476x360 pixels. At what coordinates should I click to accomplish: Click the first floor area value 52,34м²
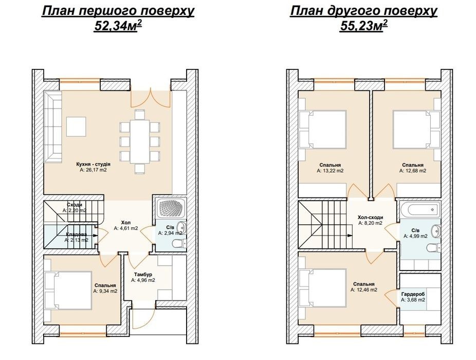tap(118, 26)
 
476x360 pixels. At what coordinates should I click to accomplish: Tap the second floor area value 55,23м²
tap(363, 26)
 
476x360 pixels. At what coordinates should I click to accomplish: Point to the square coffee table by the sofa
tap(76, 127)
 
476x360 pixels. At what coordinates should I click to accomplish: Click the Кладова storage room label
tap(77, 234)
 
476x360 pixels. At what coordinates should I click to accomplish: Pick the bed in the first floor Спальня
tap(68, 291)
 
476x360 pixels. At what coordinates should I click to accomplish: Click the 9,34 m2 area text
tap(105, 291)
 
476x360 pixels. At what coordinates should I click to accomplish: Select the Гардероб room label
tap(413, 294)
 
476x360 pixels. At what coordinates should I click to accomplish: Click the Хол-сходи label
tap(370, 217)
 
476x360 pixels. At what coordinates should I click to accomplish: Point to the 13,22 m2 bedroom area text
tap(331, 171)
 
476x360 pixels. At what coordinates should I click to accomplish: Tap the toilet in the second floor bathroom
tap(433, 247)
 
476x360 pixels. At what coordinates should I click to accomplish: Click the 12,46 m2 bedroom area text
tap(364, 290)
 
